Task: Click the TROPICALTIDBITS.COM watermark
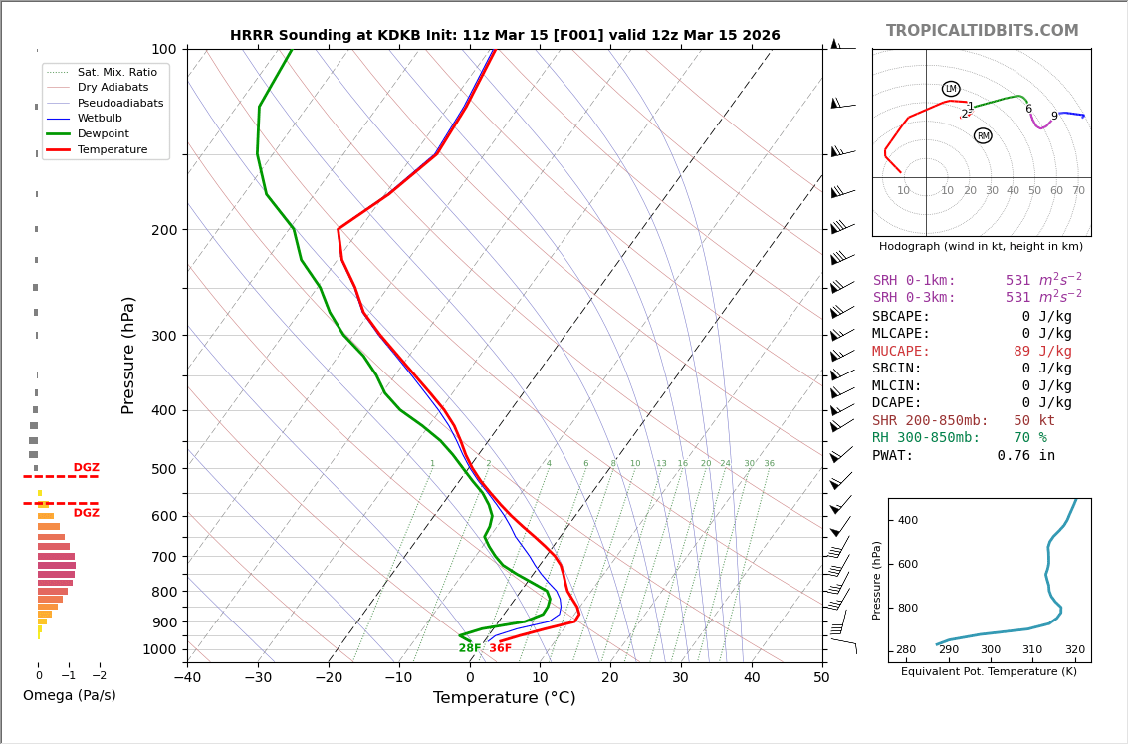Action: pyautogui.click(x=982, y=31)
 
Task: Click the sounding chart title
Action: pyautogui.click(x=505, y=36)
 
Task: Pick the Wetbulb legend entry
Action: pyautogui.click(x=100, y=119)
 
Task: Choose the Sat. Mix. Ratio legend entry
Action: pyautogui.click(x=116, y=72)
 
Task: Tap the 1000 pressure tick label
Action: pyautogui.click(x=159, y=649)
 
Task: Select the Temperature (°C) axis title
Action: pyautogui.click(x=504, y=698)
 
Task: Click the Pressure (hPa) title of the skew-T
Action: pyautogui.click(x=128, y=355)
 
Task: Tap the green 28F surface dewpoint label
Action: pyautogui.click(x=470, y=648)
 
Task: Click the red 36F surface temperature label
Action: pyautogui.click(x=500, y=648)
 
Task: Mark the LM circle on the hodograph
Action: pyautogui.click(x=951, y=89)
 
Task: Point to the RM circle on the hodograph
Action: pyautogui.click(x=983, y=135)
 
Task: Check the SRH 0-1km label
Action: pyautogui.click(x=914, y=281)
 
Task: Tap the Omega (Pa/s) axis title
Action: pyautogui.click(x=70, y=695)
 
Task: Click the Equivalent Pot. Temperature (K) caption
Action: pyautogui.click(x=989, y=671)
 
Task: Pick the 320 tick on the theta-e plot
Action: pyautogui.click(x=1075, y=650)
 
